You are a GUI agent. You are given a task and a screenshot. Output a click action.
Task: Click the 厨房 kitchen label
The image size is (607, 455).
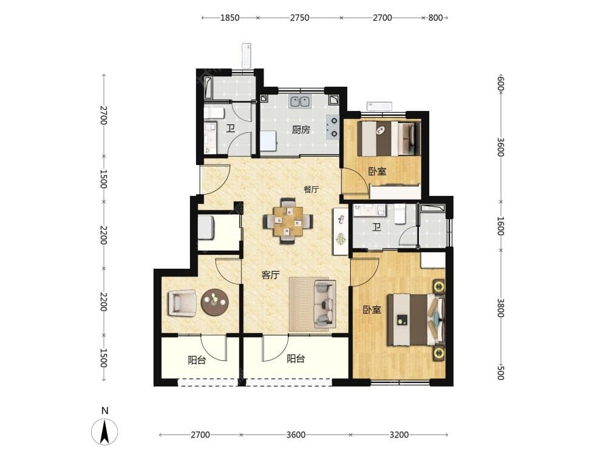click(300, 130)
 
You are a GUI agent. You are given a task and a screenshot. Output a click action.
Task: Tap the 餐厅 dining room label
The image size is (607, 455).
click(311, 189)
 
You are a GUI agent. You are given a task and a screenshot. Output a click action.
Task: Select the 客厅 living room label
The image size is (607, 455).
click(270, 275)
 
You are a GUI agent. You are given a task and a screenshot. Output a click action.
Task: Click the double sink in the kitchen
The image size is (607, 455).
click(300, 102)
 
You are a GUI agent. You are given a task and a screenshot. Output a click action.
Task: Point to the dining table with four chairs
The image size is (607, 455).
click(288, 221)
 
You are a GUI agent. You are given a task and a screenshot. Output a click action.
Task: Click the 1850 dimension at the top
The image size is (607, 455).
click(230, 18)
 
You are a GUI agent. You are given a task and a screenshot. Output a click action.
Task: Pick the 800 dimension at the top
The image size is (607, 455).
click(435, 18)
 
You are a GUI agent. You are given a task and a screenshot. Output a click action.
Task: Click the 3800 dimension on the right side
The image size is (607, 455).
click(501, 308)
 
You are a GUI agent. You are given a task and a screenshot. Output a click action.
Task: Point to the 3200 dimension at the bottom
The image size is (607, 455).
click(399, 435)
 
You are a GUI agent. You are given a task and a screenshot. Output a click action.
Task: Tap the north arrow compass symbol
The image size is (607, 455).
click(104, 431)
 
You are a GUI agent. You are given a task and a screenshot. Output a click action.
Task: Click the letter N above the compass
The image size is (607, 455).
click(104, 411)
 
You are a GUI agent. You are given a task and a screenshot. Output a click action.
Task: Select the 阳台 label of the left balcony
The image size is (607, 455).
click(197, 360)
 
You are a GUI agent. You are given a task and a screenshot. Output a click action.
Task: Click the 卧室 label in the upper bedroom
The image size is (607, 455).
click(377, 171)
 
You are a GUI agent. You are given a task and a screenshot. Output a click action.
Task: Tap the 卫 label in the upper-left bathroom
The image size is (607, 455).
click(230, 128)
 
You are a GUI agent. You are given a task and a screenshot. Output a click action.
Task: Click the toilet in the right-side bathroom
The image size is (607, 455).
click(399, 214)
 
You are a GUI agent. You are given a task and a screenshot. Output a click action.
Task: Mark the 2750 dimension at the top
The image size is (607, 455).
click(300, 18)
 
